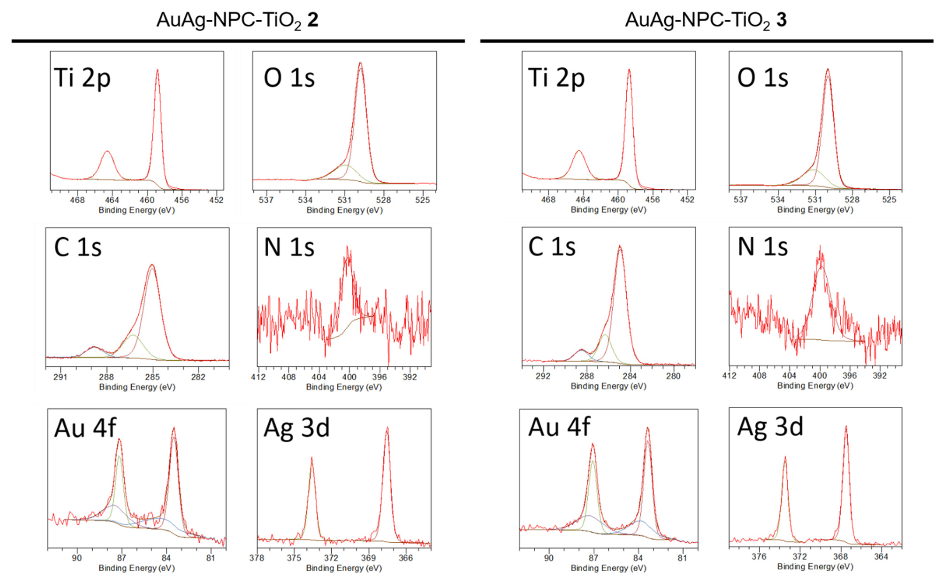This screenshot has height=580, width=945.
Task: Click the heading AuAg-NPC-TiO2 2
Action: pos(237,20)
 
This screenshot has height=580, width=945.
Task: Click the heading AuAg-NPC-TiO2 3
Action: pos(705,20)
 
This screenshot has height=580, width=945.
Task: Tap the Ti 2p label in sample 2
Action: pos(82,78)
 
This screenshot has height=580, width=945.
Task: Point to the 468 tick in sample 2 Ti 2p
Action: pos(78,200)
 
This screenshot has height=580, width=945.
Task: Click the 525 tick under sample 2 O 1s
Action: pos(422,200)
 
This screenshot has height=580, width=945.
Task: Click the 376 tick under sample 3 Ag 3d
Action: pos(759,557)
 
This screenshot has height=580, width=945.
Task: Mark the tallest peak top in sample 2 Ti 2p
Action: pos(157,70)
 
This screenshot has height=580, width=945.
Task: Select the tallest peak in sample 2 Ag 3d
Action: pos(387,427)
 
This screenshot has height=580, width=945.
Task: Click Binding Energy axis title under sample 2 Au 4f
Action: pos(137,568)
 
